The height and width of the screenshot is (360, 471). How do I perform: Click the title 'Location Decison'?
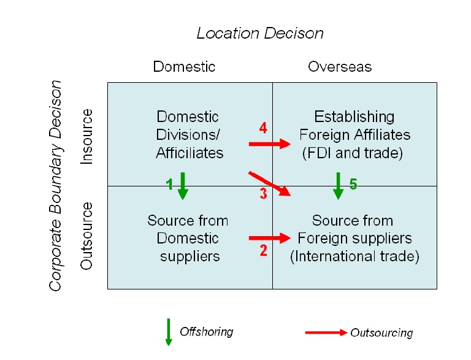click(x=260, y=33)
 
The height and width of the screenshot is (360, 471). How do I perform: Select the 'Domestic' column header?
click(x=184, y=66)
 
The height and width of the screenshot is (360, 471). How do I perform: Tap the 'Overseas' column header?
click(x=340, y=66)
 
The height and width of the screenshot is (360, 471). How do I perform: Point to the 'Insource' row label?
click(x=87, y=136)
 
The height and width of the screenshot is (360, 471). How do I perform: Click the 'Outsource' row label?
click(x=87, y=236)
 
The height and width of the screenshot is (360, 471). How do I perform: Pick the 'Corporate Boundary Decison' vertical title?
click(x=56, y=185)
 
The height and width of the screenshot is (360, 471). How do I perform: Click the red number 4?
click(x=263, y=128)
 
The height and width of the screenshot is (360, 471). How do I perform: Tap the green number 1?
click(x=170, y=184)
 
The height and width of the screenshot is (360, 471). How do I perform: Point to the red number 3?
click(x=263, y=195)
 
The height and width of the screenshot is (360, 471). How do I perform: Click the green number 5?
click(x=353, y=184)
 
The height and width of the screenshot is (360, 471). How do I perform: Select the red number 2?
click(x=263, y=250)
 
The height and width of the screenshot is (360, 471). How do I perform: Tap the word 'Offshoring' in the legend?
click(x=207, y=332)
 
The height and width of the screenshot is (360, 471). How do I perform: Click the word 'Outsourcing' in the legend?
click(x=381, y=333)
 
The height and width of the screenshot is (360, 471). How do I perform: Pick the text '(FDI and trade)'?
click(x=353, y=153)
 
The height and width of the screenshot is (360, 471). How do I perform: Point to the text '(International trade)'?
click(x=354, y=256)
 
